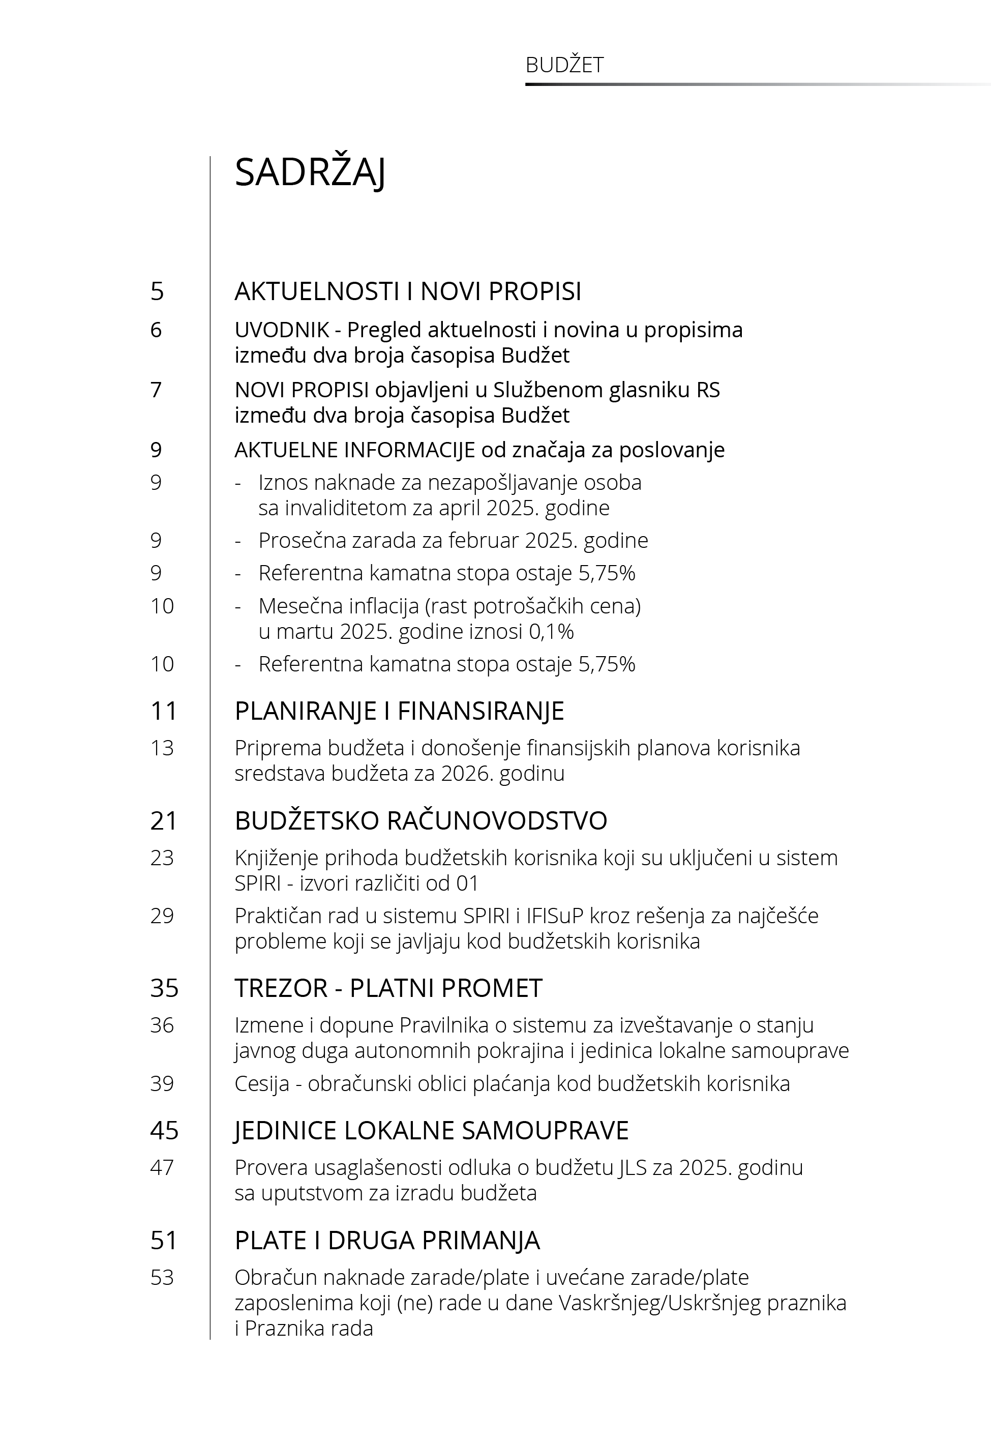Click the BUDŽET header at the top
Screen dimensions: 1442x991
pyautogui.click(x=564, y=65)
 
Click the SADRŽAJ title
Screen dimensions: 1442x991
pyautogui.click(x=310, y=172)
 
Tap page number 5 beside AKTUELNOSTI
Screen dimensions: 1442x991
pyautogui.click(x=157, y=291)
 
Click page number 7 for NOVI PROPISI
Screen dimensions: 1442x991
pyautogui.click(x=156, y=390)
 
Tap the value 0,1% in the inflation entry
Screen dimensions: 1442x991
pyautogui.click(x=551, y=632)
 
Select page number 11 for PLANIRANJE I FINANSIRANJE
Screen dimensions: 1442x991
pyautogui.click(x=163, y=711)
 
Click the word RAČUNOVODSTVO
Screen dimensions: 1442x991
pyautogui.click(x=497, y=821)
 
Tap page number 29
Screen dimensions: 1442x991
pyautogui.click(x=162, y=916)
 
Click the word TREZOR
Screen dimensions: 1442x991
pyautogui.click(x=281, y=988)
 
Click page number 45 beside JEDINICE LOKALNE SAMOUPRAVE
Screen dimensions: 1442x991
pyautogui.click(x=164, y=1130)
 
